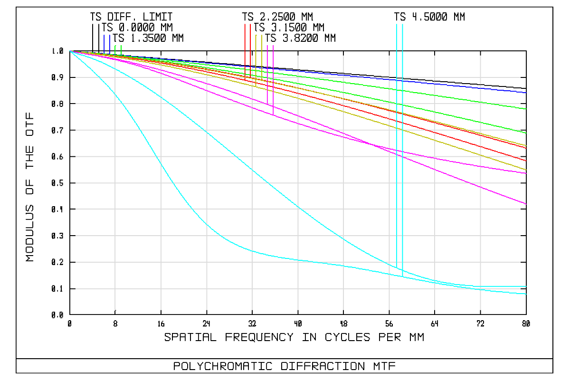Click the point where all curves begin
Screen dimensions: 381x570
(70, 51)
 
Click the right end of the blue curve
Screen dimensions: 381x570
(526, 92)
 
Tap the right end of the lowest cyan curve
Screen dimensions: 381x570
(526, 294)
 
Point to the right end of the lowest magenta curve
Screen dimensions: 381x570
(526, 204)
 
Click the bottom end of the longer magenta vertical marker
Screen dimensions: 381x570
(273, 114)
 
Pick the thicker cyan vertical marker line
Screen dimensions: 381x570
(402, 143)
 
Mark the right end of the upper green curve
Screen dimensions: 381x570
(526, 109)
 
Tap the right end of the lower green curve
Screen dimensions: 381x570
(526, 133)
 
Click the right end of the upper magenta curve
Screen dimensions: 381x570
(526, 173)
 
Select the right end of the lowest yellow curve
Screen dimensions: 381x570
(526, 170)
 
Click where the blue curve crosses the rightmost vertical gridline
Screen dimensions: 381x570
(480, 87)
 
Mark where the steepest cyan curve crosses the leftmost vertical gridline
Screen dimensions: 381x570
(115, 94)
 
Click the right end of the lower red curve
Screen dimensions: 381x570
(526, 161)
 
